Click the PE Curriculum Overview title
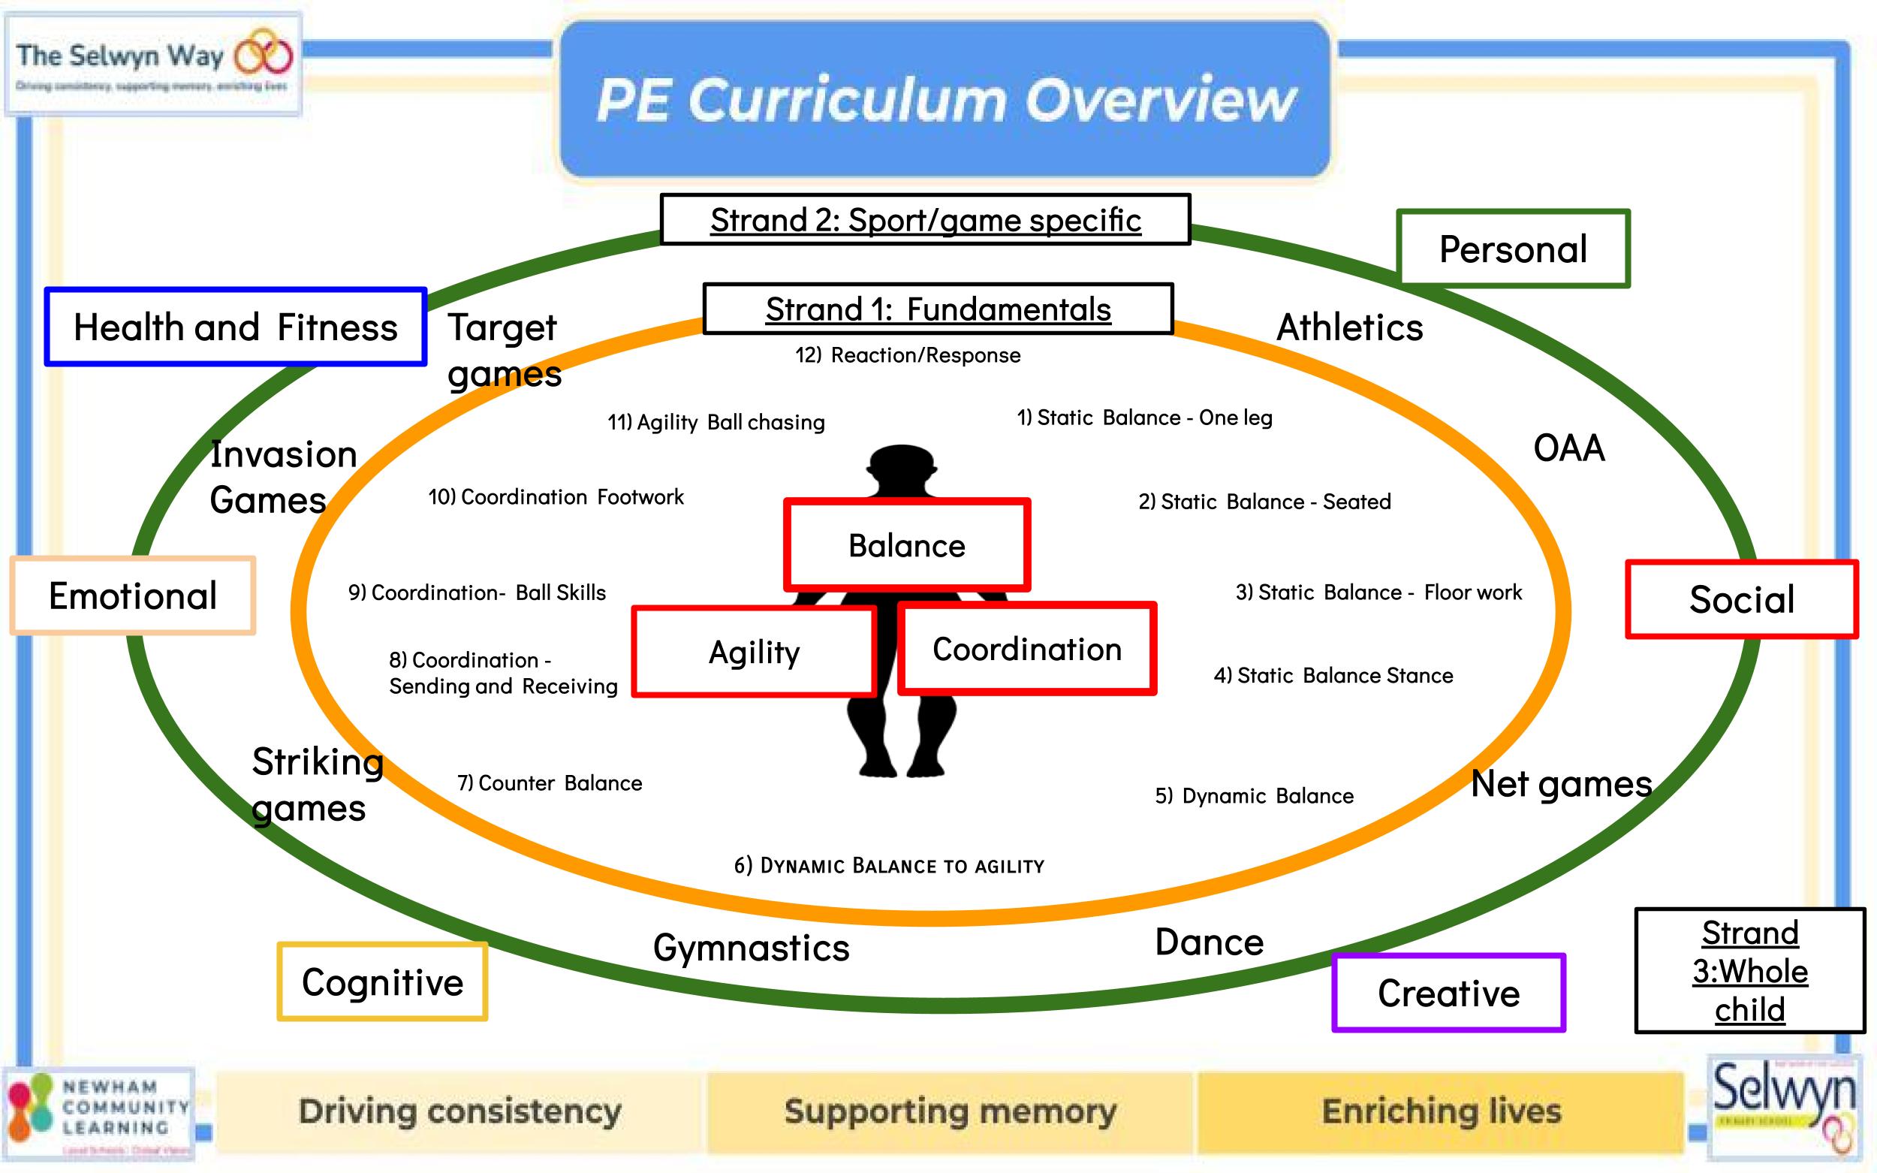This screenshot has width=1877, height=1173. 945,100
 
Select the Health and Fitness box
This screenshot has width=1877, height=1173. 235,327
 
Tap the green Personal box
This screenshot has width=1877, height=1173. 1512,249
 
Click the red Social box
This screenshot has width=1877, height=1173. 1741,599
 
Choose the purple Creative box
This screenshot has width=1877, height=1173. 1448,993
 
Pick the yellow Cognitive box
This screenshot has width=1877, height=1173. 382,982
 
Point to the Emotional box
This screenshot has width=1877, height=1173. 133,596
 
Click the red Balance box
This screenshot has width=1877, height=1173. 907,545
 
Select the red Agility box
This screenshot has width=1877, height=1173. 754,652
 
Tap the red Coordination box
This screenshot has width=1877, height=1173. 1027,649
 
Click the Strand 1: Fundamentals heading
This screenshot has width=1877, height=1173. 938,309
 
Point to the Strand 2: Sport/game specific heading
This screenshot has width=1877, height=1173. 925,219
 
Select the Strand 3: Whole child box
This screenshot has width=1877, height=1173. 1749,970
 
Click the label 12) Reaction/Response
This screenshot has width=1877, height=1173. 908,355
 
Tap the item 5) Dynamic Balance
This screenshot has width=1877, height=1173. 1254,796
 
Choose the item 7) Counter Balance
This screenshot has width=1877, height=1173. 549,783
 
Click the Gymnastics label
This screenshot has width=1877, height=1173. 751,947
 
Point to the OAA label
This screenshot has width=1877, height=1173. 1568,448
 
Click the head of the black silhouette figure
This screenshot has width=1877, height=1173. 901,467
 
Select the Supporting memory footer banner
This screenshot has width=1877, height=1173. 950,1111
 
